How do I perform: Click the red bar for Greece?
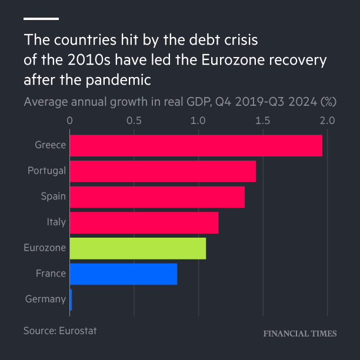point(196,145)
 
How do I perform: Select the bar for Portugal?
point(163,171)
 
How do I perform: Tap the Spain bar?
point(157,196)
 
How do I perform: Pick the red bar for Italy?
point(144,222)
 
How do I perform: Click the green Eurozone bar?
point(138,248)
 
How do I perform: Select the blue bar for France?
point(124,274)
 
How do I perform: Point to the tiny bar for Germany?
point(71,299)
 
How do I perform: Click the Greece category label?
point(50,145)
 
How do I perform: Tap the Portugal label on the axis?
point(46,171)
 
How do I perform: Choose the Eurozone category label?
point(45,248)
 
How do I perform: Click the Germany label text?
point(45,299)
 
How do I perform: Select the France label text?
point(51,274)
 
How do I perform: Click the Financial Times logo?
point(300,334)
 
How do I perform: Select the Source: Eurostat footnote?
point(60,331)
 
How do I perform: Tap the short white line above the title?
point(41,19)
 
